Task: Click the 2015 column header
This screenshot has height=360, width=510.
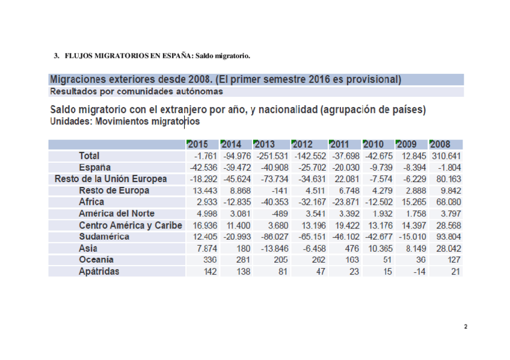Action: pyautogui.click(x=197, y=144)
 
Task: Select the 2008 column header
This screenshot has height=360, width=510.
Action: pyautogui.click(x=440, y=144)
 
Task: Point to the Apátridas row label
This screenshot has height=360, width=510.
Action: pyautogui.click(x=99, y=271)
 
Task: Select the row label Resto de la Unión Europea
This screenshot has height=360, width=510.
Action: pyautogui.click(x=111, y=178)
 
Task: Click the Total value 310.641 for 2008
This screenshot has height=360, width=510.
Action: pyautogui.click(x=445, y=156)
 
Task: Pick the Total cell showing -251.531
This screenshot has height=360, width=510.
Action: pyautogui.click(x=272, y=156)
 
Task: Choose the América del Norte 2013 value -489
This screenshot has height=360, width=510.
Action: pyautogui.click(x=278, y=213)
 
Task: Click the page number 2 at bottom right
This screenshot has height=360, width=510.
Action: pyautogui.click(x=465, y=327)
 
